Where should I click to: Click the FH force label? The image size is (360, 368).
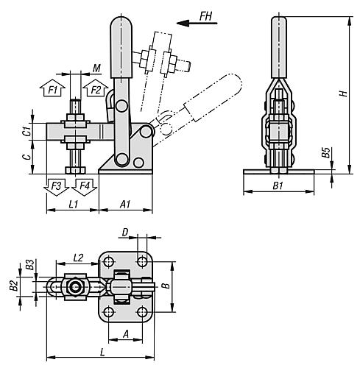[205, 16]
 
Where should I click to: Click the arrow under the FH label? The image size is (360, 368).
[197, 24]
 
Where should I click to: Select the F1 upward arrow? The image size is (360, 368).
[52, 88]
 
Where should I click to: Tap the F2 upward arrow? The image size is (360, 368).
[96, 88]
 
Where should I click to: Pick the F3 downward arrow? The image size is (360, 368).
[56, 187]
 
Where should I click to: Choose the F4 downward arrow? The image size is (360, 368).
[85, 187]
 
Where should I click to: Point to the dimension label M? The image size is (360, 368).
[96, 68]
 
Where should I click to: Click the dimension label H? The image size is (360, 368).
[344, 93]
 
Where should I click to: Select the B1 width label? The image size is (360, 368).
[278, 185]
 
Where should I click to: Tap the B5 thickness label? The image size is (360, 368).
[326, 153]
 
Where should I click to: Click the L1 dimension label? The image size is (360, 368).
[73, 204]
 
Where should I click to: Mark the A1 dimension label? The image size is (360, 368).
[124, 204]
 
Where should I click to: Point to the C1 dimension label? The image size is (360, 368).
[28, 132]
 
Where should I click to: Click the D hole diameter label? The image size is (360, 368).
[125, 232]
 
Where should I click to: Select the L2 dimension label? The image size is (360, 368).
[78, 258]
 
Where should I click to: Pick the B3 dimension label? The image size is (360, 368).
[30, 265]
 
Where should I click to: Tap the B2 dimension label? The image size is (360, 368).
[14, 286]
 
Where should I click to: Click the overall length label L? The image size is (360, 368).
[102, 353]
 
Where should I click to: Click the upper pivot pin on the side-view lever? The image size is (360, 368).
[121, 106]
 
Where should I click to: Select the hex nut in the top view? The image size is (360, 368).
[75, 286]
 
